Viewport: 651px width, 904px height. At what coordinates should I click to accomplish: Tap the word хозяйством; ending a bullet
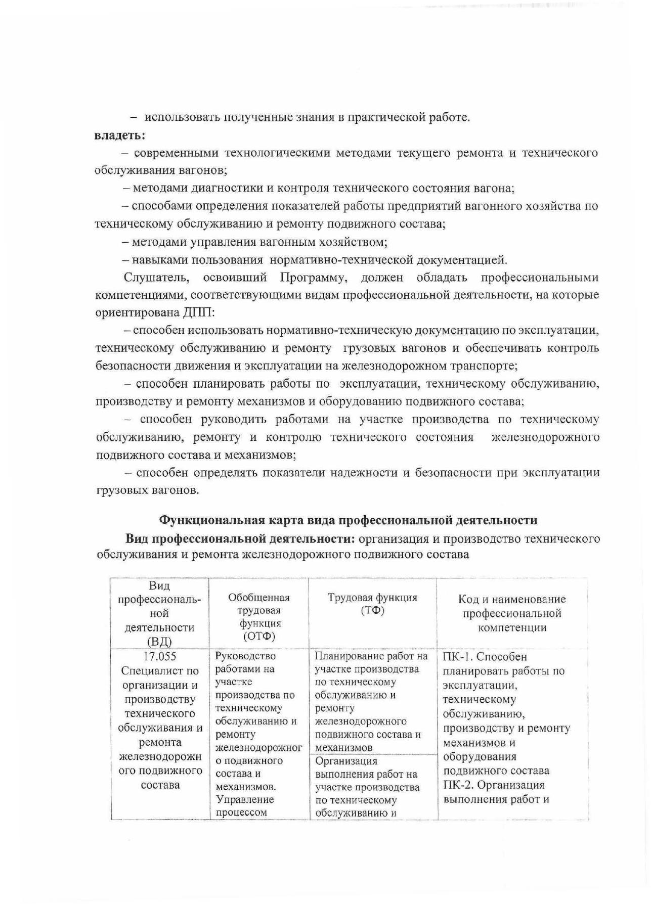pos(353,242)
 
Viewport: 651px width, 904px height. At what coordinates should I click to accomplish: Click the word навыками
pos(155,260)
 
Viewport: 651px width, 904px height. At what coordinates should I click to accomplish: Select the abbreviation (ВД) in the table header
pos(159,642)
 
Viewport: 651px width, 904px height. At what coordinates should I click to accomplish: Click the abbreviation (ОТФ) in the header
pos(259,636)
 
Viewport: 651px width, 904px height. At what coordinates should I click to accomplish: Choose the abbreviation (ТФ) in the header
pos(373,611)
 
